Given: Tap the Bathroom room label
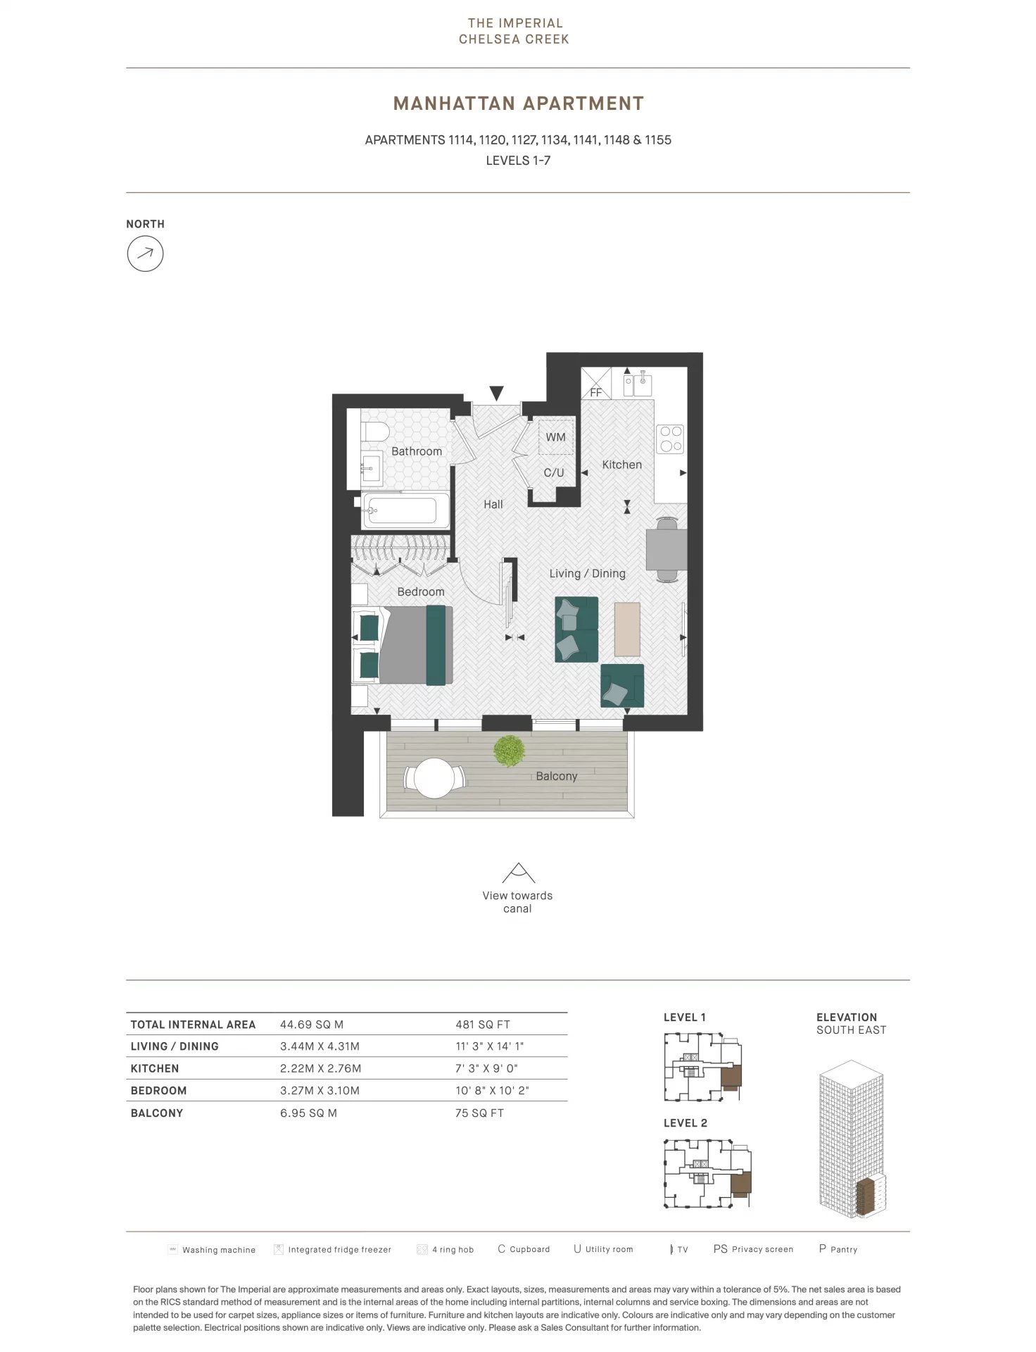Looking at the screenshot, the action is [x=417, y=451].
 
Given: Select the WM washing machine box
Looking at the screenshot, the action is [x=556, y=437].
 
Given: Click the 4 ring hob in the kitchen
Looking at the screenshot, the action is [x=670, y=439].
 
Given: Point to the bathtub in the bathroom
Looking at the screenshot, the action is [x=406, y=510].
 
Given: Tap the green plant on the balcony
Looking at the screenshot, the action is [x=510, y=751].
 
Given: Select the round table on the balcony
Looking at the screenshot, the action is [x=434, y=778].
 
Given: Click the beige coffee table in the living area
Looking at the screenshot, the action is [x=627, y=629].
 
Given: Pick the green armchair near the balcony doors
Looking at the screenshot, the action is [x=622, y=685].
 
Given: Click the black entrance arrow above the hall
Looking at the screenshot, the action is [x=496, y=394].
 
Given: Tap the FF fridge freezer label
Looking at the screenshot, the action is [x=596, y=393].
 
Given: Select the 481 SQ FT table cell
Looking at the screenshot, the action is [x=483, y=1025].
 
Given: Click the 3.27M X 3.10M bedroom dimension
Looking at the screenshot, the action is [x=320, y=1091].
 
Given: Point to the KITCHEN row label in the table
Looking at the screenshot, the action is [x=155, y=1068].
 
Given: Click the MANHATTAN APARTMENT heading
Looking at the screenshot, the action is [x=519, y=104].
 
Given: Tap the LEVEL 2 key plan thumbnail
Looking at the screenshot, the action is [x=708, y=1174].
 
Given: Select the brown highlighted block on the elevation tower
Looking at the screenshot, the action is [x=870, y=1196].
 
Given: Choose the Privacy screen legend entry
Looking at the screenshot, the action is [x=753, y=1249].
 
